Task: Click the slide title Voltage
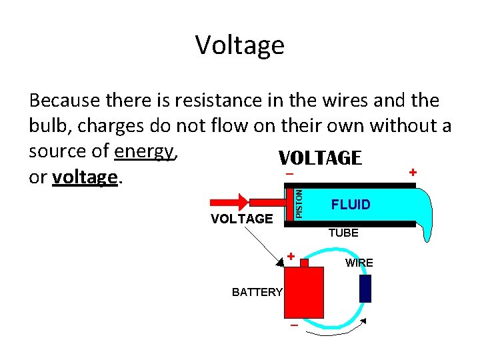(240, 45)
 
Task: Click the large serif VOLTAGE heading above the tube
(320, 158)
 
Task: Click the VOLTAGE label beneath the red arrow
(241, 219)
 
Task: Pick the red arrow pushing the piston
(231, 202)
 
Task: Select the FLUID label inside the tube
(350, 205)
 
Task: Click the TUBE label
(343, 233)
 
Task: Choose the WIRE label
(359, 263)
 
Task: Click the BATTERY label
(257, 292)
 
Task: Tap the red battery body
(303, 293)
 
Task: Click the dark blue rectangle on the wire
(365, 289)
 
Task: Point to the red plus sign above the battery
(291, 256)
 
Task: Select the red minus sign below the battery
(293, 327)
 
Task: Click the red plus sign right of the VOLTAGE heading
(413, 172)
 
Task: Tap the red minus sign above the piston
(289, 175)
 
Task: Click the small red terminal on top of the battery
(304, 263)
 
